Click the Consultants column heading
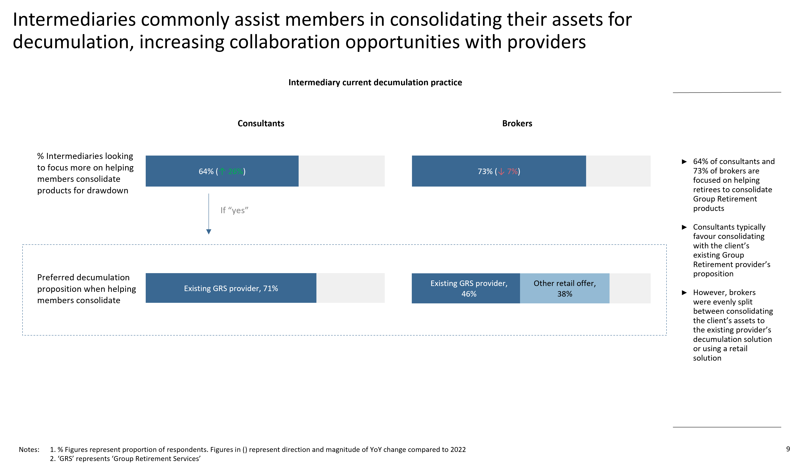[x=261, y=123]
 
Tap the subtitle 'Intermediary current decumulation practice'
[x=375, y=82]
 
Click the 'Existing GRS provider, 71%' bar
[x=231, y=288]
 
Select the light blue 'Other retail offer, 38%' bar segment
[x=565, y=288]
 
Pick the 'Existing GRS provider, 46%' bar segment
[x=466, y=288]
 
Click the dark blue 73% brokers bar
[x=499, y=171]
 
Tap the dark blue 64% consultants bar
[x=222, y=171]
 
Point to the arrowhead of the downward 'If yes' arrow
[x=209, y=232]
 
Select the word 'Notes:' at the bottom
[x=29, y=449]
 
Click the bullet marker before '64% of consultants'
[x=684, y=162]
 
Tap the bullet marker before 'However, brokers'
[x=684, y=293]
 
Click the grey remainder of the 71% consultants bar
[x=350, y=288]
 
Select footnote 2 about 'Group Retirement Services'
[x=125, y=459]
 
